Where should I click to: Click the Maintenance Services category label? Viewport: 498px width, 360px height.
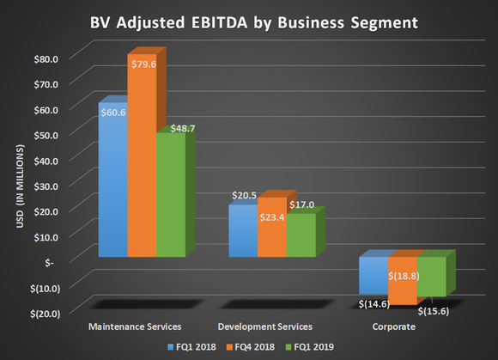pyautogui.click(x=135, y=327)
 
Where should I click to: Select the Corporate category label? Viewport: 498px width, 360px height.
pyautogui.click(x=393, y=327)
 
